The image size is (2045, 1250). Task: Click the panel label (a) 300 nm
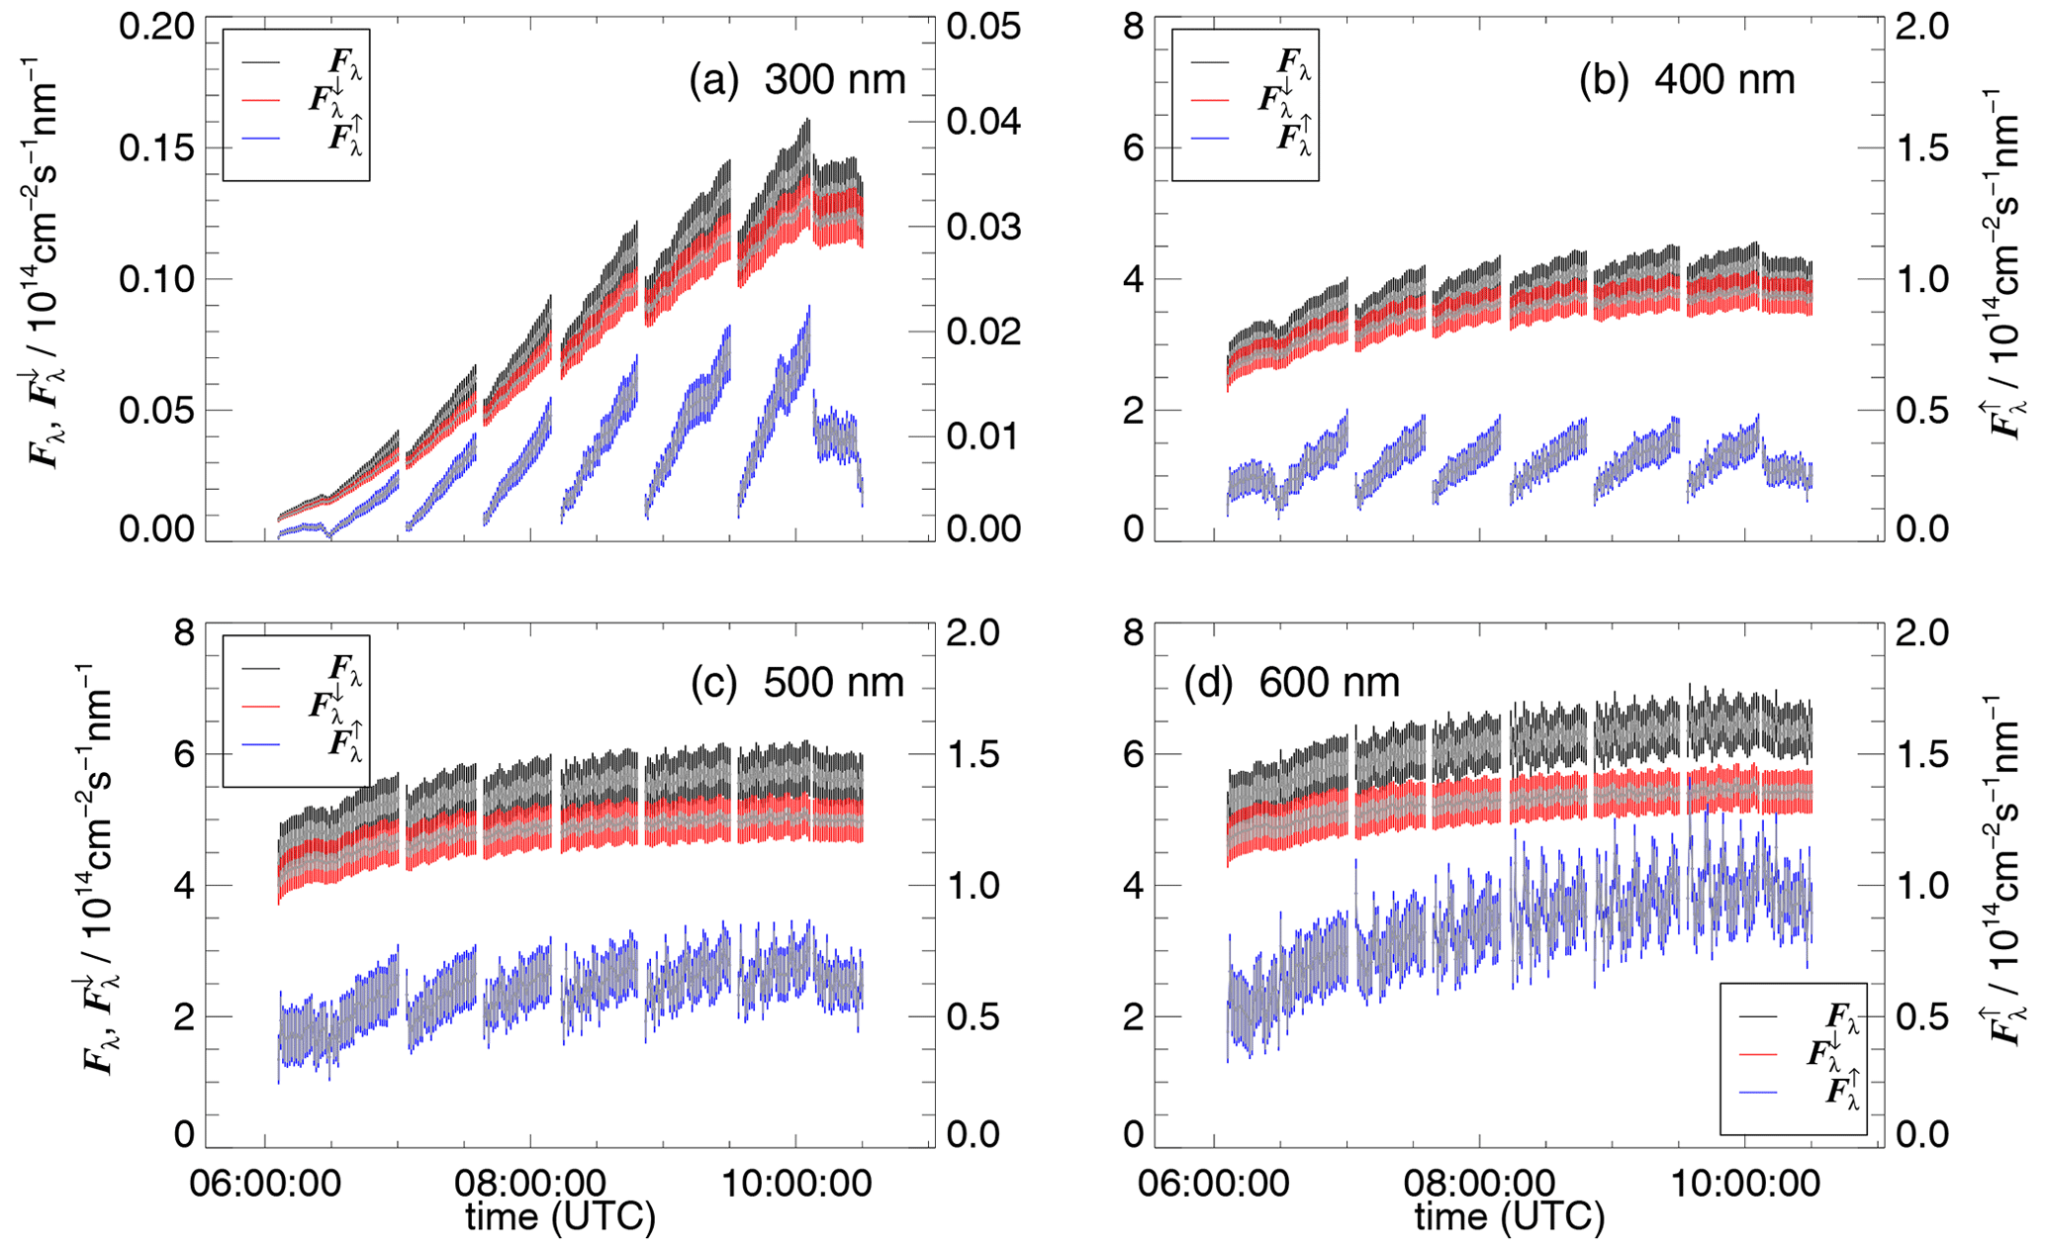click(x=797, y=79)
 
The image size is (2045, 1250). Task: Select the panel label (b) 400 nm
click(x=1686, y=79)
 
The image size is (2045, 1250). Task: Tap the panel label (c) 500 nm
click(x=797, y=682)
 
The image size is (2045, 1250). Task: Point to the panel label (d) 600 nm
click(x=1292, y=682)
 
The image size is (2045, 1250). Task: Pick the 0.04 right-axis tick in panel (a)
click(x=983, y=122)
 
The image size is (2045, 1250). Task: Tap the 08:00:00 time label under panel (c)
click(x=530, y=1183)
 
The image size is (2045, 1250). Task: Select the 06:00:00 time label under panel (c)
click(x=265, y=1183)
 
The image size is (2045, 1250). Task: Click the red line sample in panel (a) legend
click(x=262, y=100)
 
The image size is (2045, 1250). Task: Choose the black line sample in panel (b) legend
click(x=1210, y=62)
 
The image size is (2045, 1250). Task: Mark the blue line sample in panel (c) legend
click(x=262, y=743)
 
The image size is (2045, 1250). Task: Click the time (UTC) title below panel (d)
click(x=1509, y=1216)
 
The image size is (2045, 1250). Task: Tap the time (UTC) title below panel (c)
click(x=561, y=1216)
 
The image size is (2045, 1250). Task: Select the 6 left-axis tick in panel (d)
click(x=1134, y=754)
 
